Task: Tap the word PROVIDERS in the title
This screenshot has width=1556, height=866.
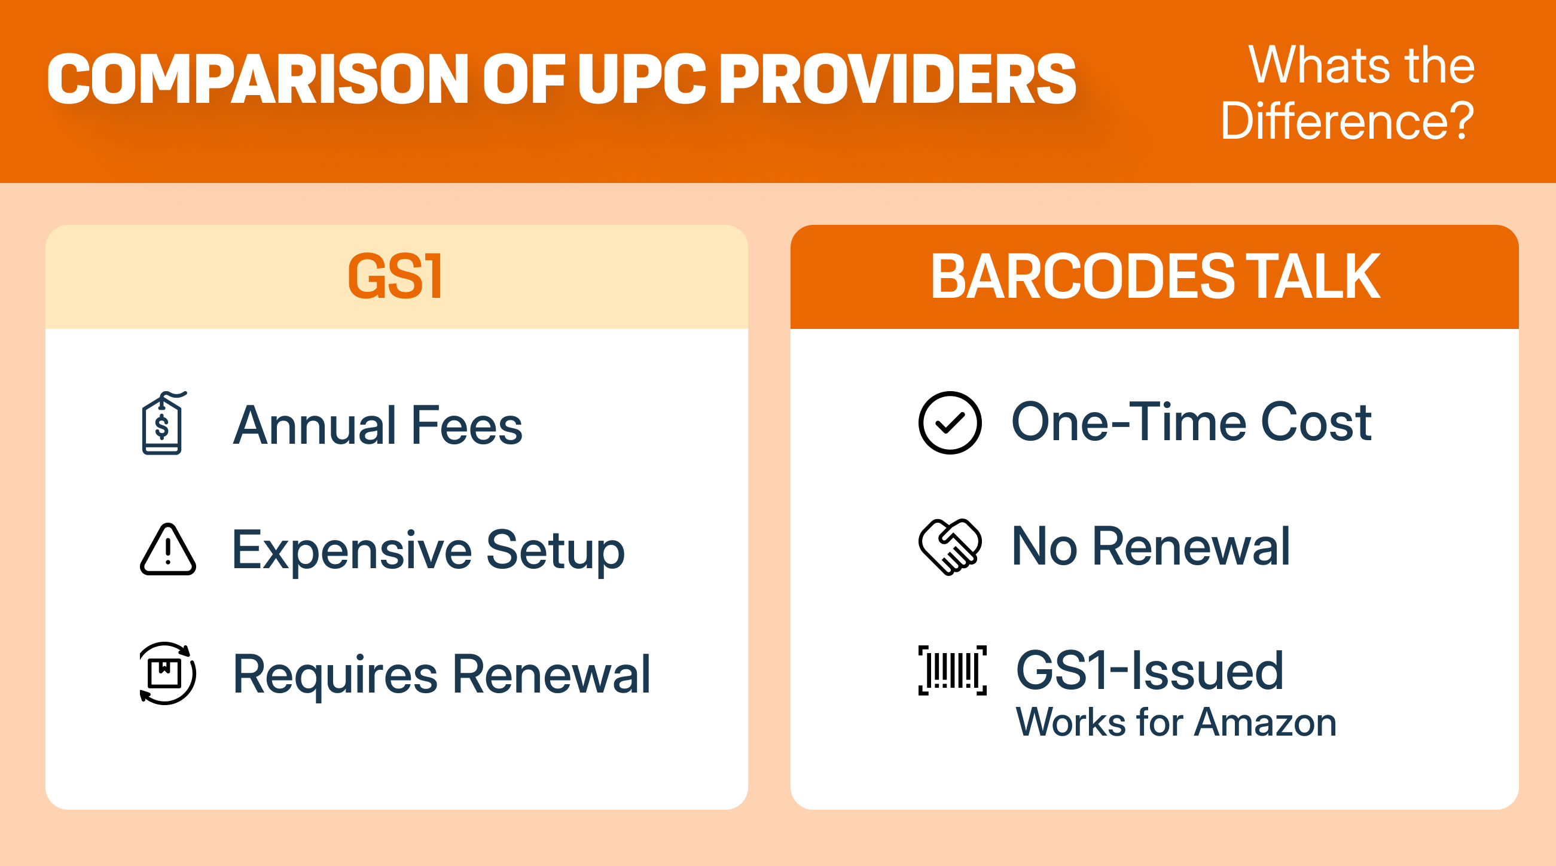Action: coord(897,78)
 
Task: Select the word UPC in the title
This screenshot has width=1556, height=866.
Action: coord(641,78)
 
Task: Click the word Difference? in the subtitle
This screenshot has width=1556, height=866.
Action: coord(1347,121)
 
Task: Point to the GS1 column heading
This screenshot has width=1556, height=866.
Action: coord(396,276)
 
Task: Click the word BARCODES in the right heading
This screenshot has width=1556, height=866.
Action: coord(1082,276)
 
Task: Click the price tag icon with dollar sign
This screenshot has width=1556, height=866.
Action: coord(163,423)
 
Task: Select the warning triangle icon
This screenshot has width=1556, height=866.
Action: coord(168,550)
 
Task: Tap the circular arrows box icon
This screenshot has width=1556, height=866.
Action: coord(167,673)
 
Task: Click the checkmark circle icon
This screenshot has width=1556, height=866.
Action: coord(950,423)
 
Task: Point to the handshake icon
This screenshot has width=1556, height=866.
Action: coord(950,547)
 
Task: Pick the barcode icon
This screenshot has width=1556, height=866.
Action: coord(953,670)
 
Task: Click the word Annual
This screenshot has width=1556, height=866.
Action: coord(315,426)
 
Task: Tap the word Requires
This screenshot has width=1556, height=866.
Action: coord(335,675)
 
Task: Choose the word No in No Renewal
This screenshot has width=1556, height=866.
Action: coord(1044,547)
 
